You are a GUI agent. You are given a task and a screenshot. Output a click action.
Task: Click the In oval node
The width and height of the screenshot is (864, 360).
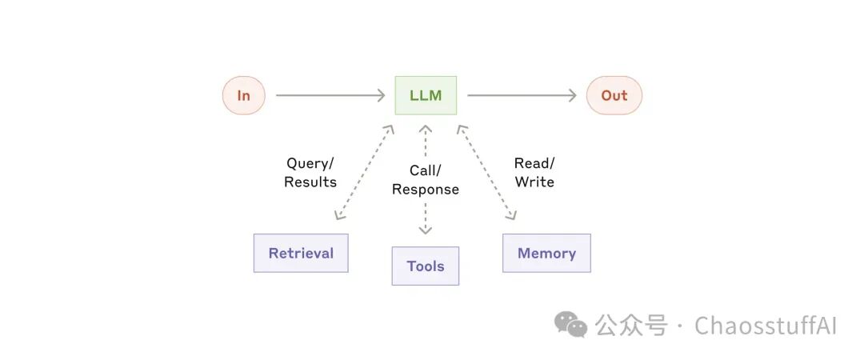243,95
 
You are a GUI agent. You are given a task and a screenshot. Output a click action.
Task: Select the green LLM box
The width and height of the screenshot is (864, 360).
426,95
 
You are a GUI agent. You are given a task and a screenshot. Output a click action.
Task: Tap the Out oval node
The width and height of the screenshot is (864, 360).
614,95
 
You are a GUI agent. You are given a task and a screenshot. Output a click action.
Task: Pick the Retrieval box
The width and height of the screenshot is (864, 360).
301,253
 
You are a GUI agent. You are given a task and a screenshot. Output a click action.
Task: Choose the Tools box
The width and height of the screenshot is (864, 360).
426,266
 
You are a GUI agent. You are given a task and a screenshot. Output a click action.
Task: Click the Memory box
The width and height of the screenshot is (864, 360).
546,253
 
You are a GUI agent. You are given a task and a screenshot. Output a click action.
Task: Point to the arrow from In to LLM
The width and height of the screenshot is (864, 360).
330,95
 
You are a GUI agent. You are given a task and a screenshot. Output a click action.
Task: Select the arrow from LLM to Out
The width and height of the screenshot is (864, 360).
522,95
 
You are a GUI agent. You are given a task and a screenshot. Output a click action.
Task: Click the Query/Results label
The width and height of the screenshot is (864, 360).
310,173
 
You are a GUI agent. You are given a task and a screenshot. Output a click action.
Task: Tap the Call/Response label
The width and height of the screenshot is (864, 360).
426,180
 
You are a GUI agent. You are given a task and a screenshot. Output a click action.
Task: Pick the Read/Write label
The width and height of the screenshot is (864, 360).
534,173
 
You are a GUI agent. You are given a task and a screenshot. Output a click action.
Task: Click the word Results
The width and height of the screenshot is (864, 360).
310,182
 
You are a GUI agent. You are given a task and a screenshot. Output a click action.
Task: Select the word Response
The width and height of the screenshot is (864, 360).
426,189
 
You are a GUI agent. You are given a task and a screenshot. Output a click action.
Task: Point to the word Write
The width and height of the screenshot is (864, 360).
534,182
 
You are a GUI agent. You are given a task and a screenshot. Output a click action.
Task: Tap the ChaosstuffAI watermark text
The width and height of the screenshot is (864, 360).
766,326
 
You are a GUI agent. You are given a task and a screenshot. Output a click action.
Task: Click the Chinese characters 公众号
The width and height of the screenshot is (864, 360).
631,326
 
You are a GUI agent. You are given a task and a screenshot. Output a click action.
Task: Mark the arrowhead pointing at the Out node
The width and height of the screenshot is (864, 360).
572,95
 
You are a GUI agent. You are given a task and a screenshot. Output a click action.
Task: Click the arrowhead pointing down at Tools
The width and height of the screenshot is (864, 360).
426,230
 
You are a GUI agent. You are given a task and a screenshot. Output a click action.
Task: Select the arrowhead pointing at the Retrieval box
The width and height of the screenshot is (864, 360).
338,215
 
